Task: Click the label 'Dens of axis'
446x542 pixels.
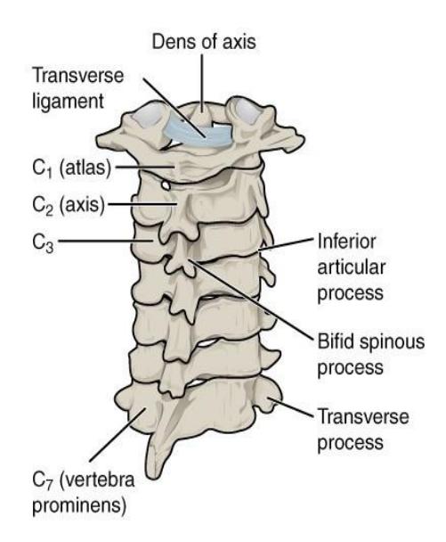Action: click(204, 42)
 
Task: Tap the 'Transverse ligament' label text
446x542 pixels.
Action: click(77, 88)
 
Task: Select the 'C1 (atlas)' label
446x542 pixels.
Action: click(72, 168)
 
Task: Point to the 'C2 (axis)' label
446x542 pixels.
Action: click(69, 205)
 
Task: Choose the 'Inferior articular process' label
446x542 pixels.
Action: click(351, 267)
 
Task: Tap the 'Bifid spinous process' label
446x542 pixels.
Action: click(370, 355)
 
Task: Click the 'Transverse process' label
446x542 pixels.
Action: click(363, 430)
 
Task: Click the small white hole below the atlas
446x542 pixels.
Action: click(166, 185)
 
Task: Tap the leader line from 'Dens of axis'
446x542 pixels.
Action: click(202, 83)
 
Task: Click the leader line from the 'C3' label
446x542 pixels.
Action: click(105, 241)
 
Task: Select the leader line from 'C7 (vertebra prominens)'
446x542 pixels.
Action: click(117, 435)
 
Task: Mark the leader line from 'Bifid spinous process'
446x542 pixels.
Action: click(251, 300)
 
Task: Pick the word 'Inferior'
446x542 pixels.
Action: click(346, 242)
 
